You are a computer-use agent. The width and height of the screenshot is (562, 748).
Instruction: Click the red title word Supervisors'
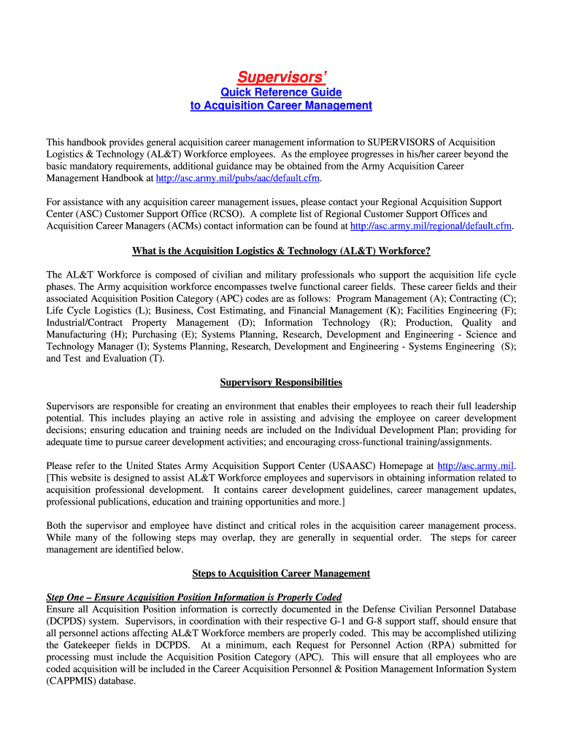click(281, 77)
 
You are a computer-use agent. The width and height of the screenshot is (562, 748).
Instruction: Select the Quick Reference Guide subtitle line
click(281, 93)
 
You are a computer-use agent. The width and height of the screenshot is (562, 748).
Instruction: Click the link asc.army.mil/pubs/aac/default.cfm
click(234, 178)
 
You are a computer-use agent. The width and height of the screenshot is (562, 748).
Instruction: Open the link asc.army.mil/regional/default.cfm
click(432, 226)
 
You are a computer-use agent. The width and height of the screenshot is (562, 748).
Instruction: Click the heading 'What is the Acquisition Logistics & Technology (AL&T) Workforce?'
click(281, 251)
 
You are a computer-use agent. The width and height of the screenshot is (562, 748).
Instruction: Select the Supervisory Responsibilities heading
click(281, 382)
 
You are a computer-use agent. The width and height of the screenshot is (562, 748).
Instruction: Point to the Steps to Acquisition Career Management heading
click(281, 573)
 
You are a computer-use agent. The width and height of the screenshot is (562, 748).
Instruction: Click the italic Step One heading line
click(194, 597)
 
